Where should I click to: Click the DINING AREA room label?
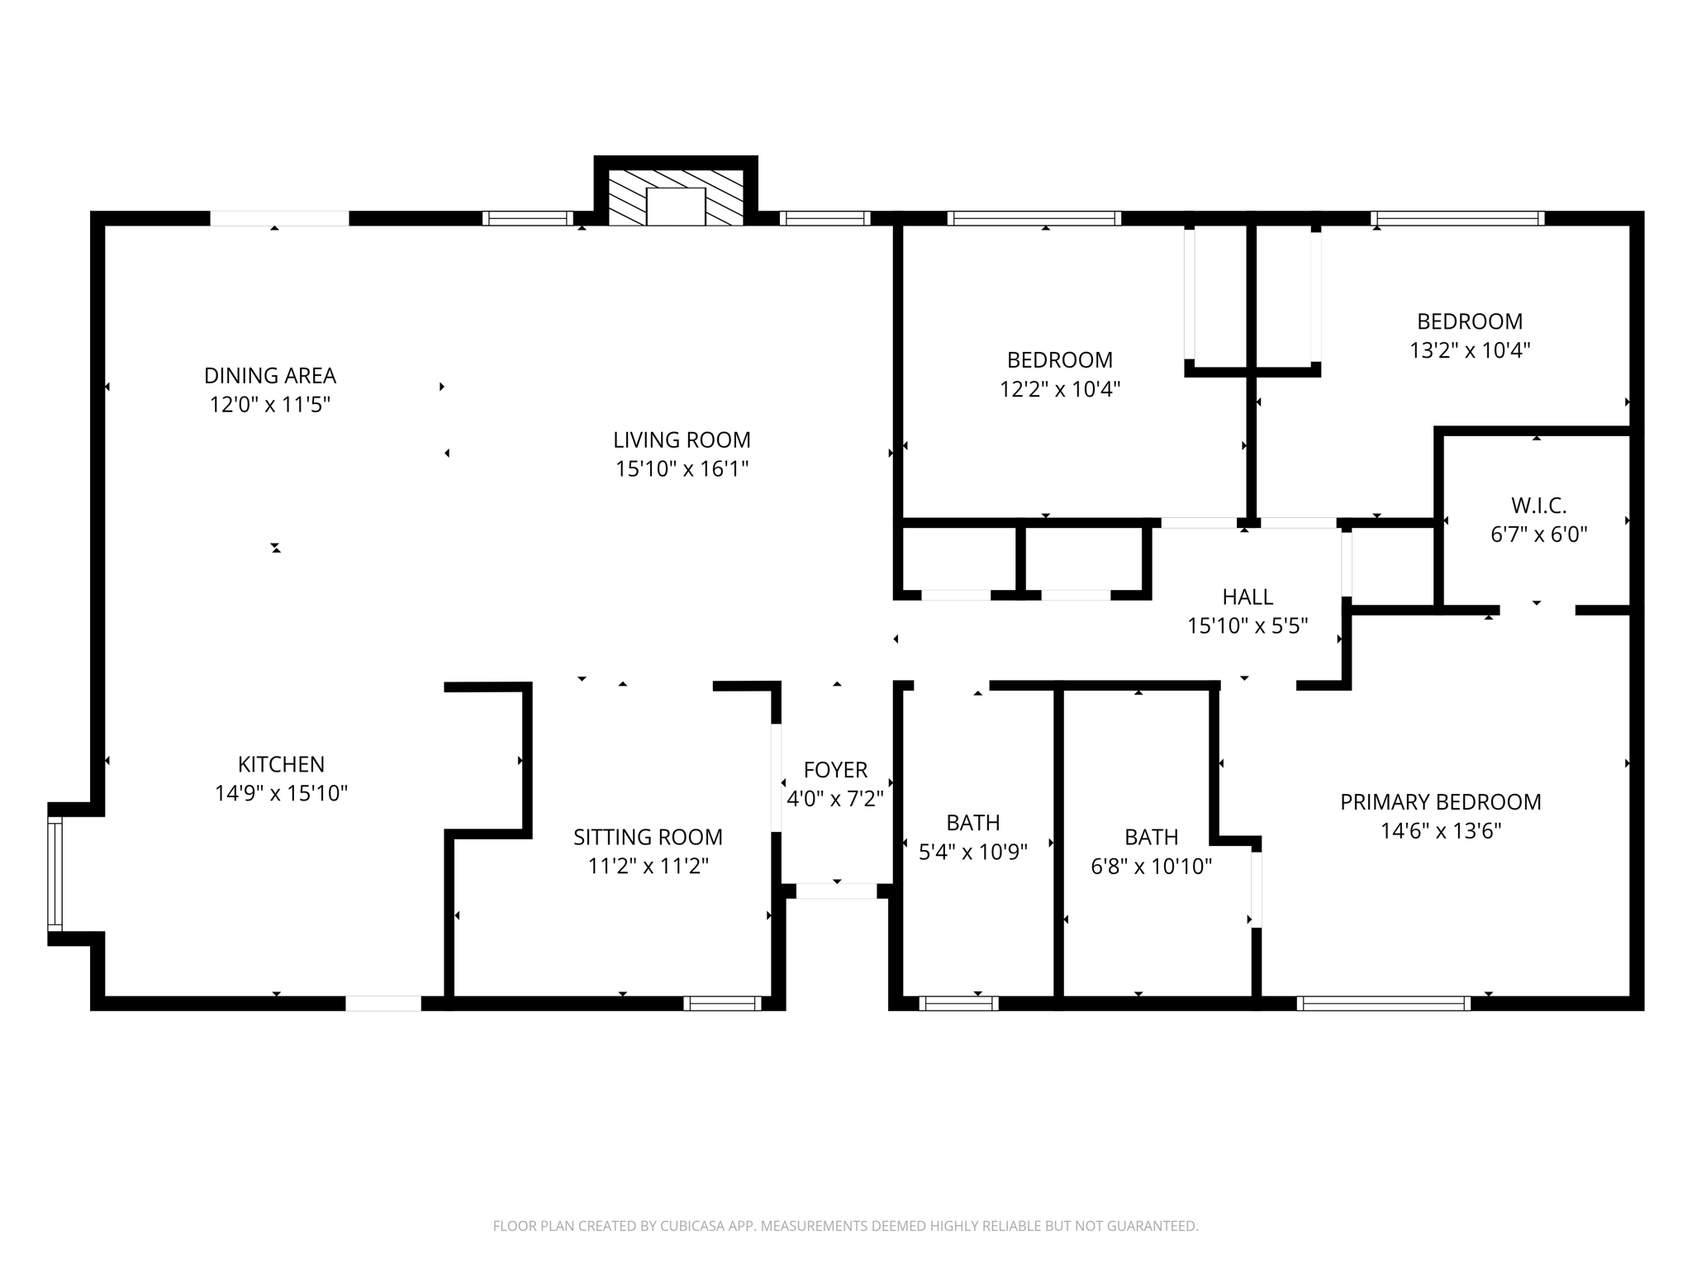[270, 376]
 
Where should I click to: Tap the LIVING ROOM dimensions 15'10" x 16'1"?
[682, 469]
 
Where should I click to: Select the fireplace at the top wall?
[676, 197]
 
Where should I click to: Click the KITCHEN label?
[281, 764]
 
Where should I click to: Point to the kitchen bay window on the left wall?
[55, 873]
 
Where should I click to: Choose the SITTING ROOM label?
[648, 837]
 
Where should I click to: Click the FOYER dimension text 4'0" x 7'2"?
[835, 799]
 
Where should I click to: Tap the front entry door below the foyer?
[836, 891]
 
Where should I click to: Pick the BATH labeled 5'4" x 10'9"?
[973, 823]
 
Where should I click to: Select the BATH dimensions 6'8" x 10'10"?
[1152, 867]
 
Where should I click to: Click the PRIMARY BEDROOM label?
[1441, 802]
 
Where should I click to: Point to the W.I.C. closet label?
[1539, 505]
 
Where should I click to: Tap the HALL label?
[1248, 596]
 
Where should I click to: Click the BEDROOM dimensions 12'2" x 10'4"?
[1060, 389]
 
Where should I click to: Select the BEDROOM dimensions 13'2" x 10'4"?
[1470, 350]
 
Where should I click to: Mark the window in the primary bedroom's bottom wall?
[1384, 1004]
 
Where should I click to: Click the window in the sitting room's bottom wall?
[722, 1004]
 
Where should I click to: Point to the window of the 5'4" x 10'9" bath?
[958, 1004]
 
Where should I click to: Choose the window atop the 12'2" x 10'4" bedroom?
[1034, 218]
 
